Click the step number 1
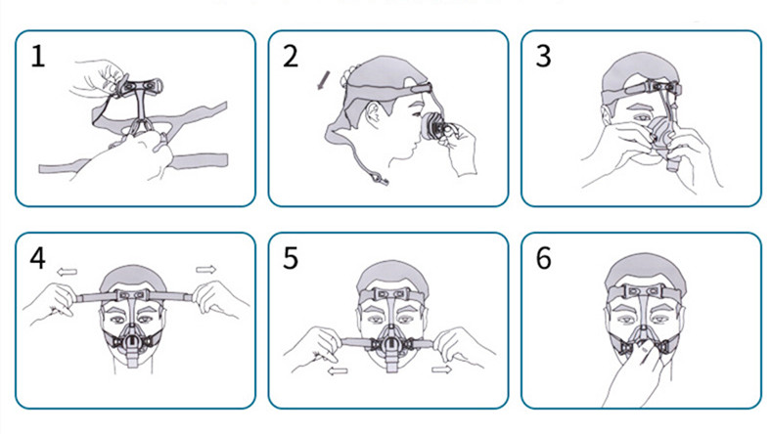[38, 56]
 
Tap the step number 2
[291, 56]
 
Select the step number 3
[543, 56]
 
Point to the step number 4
[38, 258]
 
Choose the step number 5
[291, 258]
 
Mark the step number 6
[543, 258]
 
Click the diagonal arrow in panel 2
[323, 80]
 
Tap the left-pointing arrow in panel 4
[67, 272]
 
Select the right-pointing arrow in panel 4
[206, 269]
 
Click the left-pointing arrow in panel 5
[338, 370]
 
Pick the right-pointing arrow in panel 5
[441, 369]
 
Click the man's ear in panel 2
[375, 114]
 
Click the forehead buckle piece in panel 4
[132, 295]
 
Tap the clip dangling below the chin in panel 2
[380, 180]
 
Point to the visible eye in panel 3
[640, 117]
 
